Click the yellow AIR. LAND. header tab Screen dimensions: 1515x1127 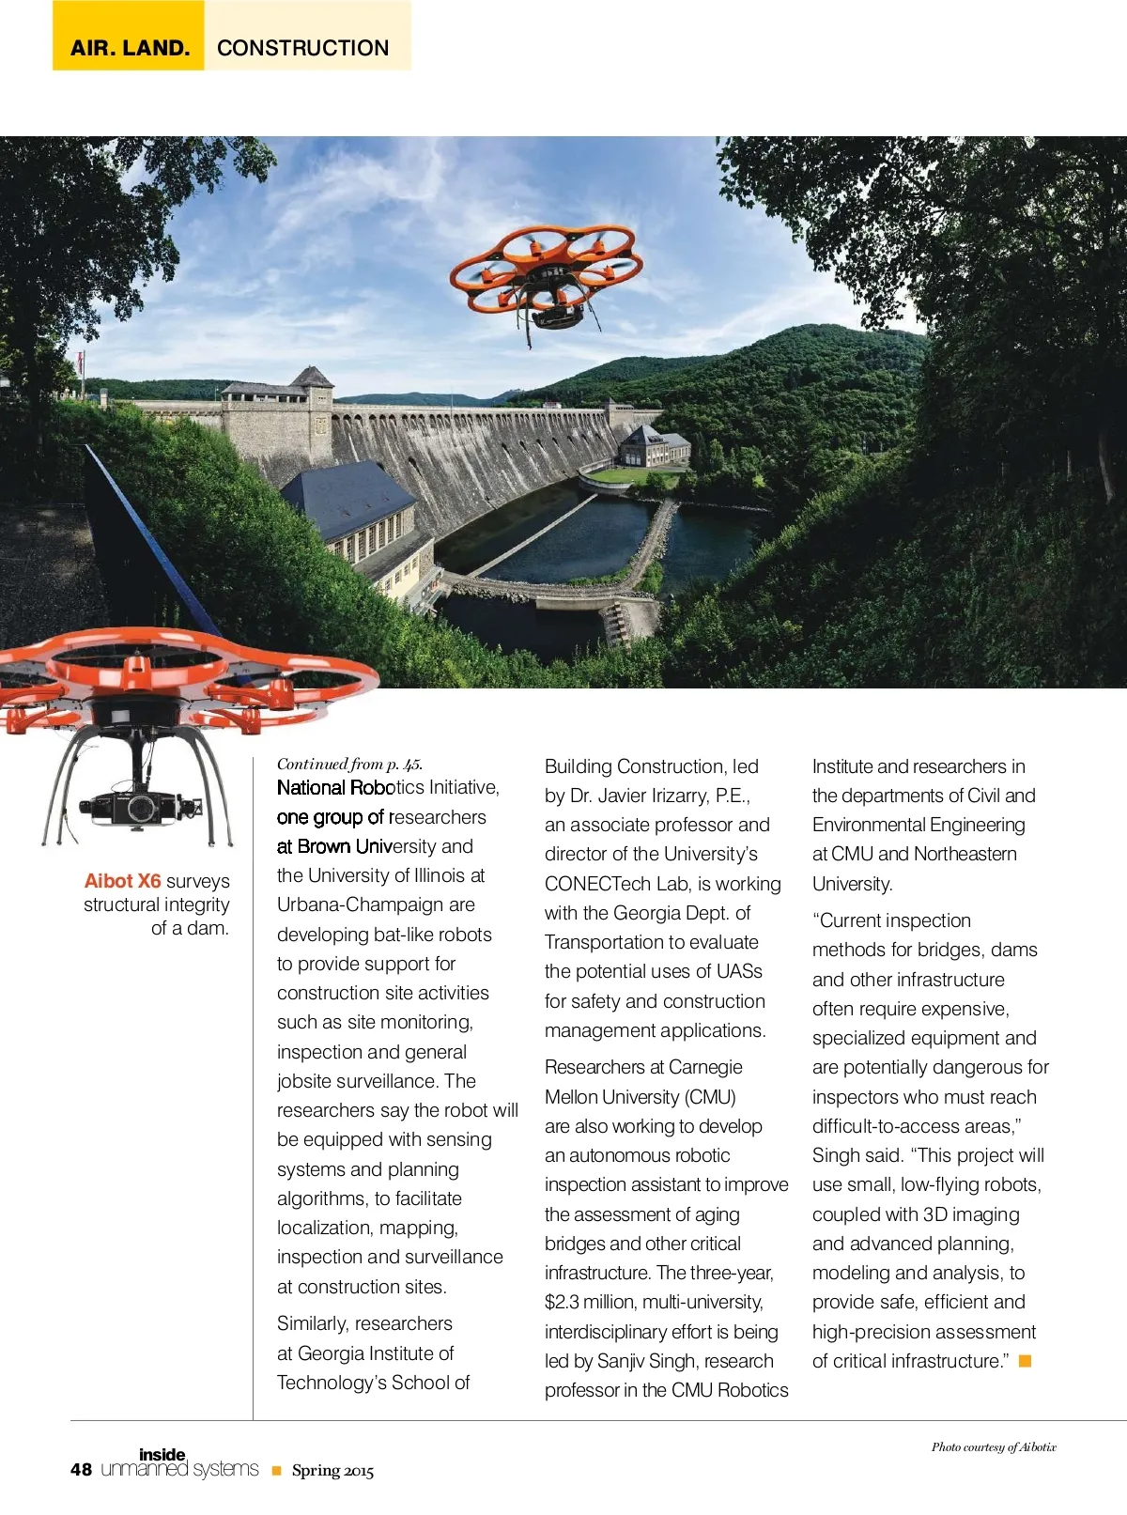129,47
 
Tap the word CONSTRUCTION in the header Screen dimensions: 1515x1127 302,48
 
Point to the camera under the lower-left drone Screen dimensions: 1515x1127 141,806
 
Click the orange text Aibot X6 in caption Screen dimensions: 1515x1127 122,881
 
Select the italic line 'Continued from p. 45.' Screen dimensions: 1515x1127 349,764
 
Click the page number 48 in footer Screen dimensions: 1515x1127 81,1470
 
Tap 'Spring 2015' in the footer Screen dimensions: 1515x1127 332,1471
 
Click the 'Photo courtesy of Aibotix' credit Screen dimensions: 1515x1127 994,1447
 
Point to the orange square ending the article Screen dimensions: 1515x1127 1026,1361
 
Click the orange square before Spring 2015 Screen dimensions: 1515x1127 276,1471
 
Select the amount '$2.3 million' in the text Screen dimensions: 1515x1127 590,1303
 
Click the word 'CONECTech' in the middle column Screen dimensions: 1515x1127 597,884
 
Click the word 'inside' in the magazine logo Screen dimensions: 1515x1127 162,1455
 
